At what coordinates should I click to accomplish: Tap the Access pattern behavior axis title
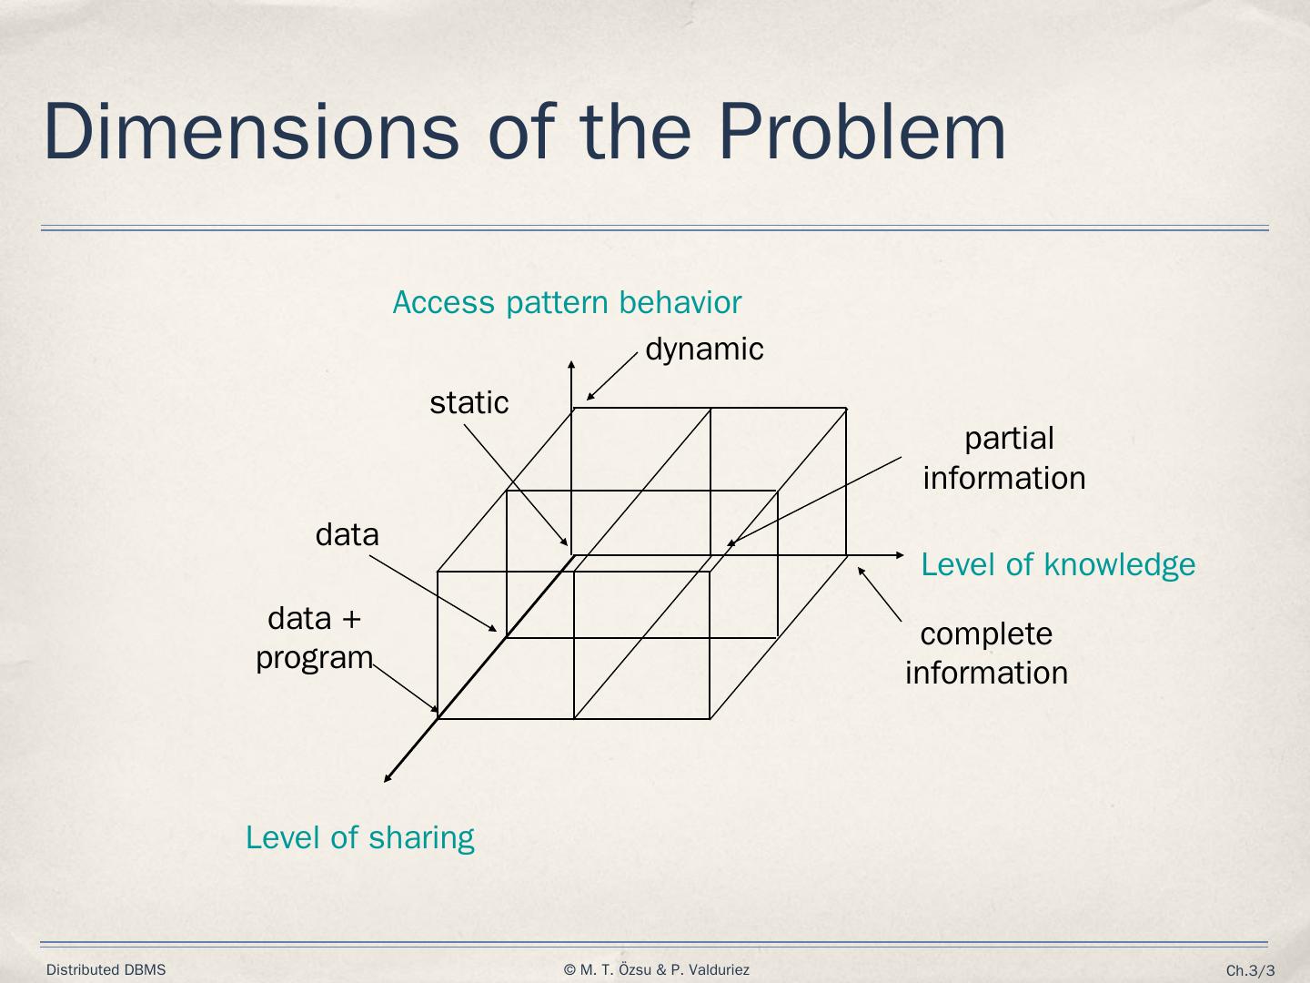(567, 302)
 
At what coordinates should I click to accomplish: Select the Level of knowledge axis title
(1058, 564)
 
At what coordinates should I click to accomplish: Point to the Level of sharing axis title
(360, 837)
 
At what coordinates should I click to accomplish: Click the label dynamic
(704, 350)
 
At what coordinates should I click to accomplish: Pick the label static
(469, 402)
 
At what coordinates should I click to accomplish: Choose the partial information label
(1005, 458)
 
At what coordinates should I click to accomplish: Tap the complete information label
(987, 654)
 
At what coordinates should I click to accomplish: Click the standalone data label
(347, 534)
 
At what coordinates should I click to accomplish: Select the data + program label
(315, 637)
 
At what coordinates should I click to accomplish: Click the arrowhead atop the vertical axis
(571, 365)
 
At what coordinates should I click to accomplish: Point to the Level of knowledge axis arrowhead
(900, 554)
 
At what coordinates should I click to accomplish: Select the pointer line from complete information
(880, 594)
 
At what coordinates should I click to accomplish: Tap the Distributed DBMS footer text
(106, 970)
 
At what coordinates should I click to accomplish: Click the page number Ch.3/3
(1250, 971)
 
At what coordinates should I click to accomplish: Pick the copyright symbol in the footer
(569, 970)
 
